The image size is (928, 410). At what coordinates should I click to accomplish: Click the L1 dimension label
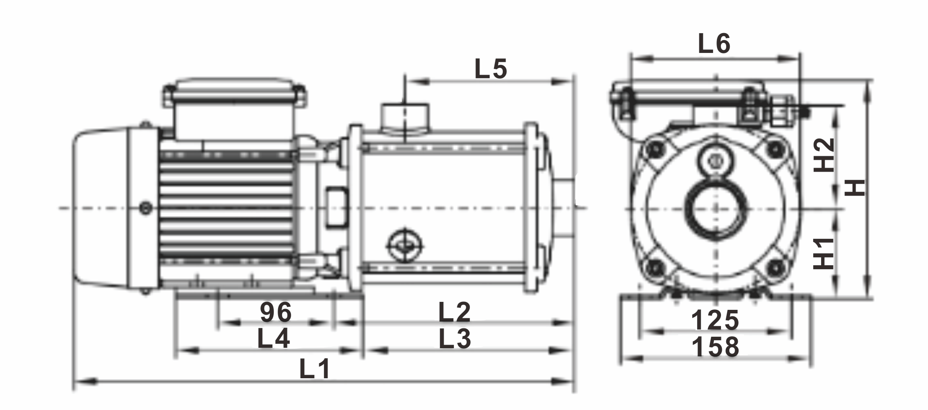[x=315, y=369]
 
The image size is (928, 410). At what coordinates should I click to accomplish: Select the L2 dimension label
[x=455, y=312]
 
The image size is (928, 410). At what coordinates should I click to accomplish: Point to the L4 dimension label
[x=274, y=339]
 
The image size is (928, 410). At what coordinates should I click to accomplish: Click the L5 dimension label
[x=491, y=69]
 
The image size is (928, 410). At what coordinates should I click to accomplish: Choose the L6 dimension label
[x=714, y=44]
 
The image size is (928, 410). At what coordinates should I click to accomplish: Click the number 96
[x=276, y=312]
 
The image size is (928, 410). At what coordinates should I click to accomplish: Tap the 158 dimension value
[x=715, y=347]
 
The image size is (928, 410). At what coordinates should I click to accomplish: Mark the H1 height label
[x=824, y=253]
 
